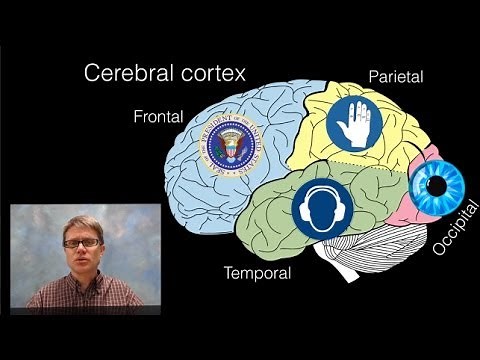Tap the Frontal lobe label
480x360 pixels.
(158, 116)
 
